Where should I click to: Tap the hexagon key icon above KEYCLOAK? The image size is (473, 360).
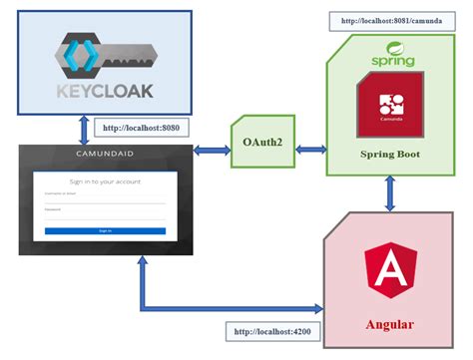[x=81, y=56]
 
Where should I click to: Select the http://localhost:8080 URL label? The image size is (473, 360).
[x=140, y=128]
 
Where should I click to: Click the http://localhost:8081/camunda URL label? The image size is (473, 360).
[x=388, y=20]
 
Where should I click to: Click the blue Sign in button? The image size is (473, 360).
[x=105, y=230]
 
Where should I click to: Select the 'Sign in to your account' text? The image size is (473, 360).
[x=105, y=181]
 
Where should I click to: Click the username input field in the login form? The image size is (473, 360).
[x=105, y=199]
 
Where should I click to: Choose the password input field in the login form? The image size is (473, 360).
[x=105, y=214]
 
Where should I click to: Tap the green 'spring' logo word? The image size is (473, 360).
[x=392, y=61]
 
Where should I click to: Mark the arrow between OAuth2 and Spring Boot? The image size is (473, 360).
[x=310, y=150]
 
